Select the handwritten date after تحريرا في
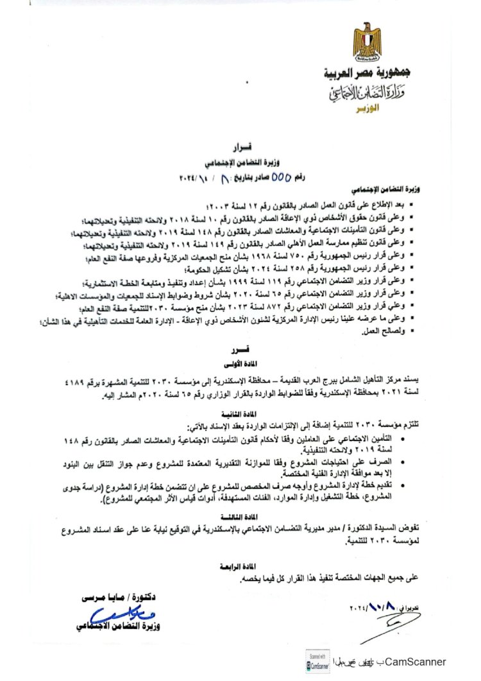[x=372, y=606]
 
